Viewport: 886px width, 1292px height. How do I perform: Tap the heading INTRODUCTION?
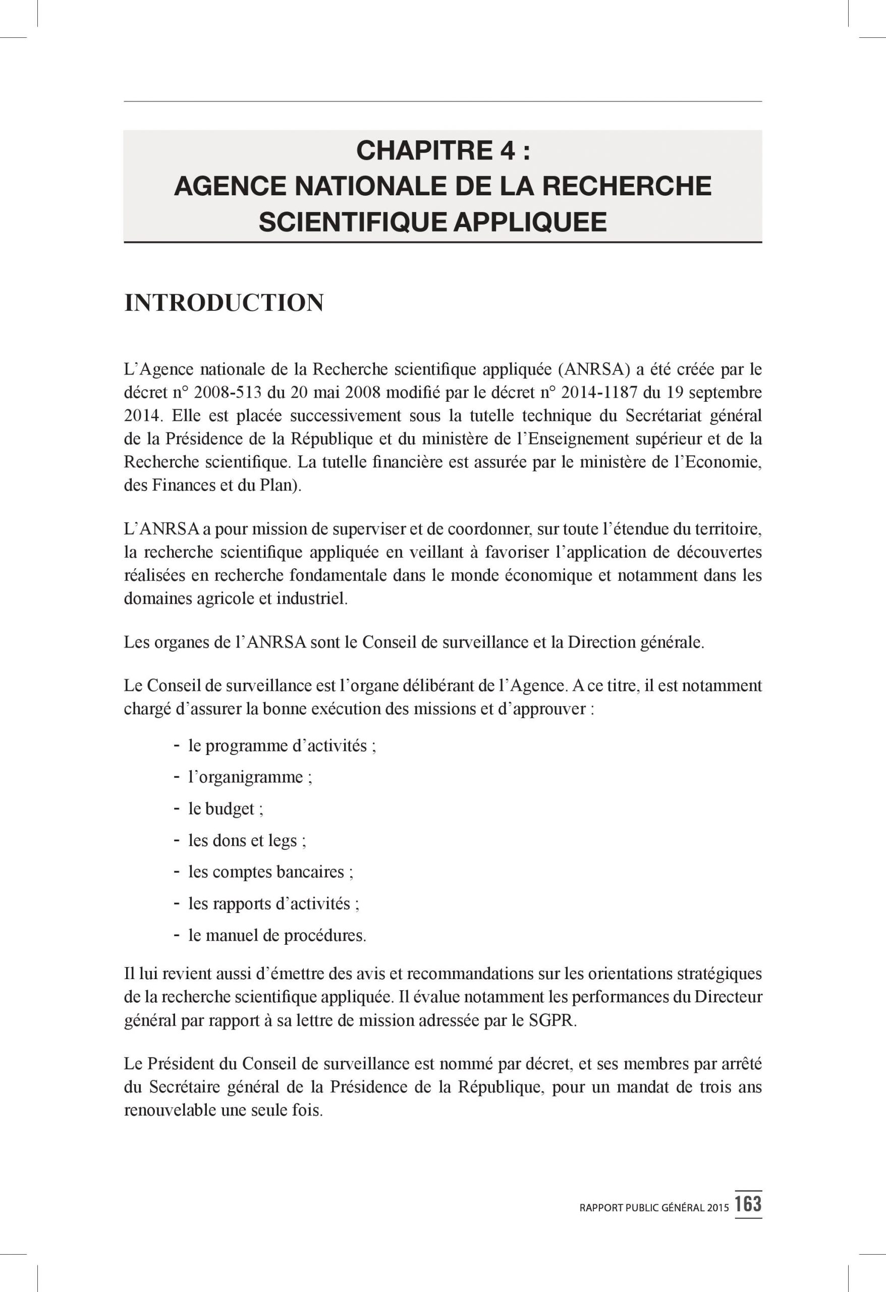point(224,303)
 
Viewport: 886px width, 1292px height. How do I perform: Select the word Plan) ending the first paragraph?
point(280,486)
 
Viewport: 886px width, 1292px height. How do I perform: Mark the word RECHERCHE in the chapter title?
point(627,186)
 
